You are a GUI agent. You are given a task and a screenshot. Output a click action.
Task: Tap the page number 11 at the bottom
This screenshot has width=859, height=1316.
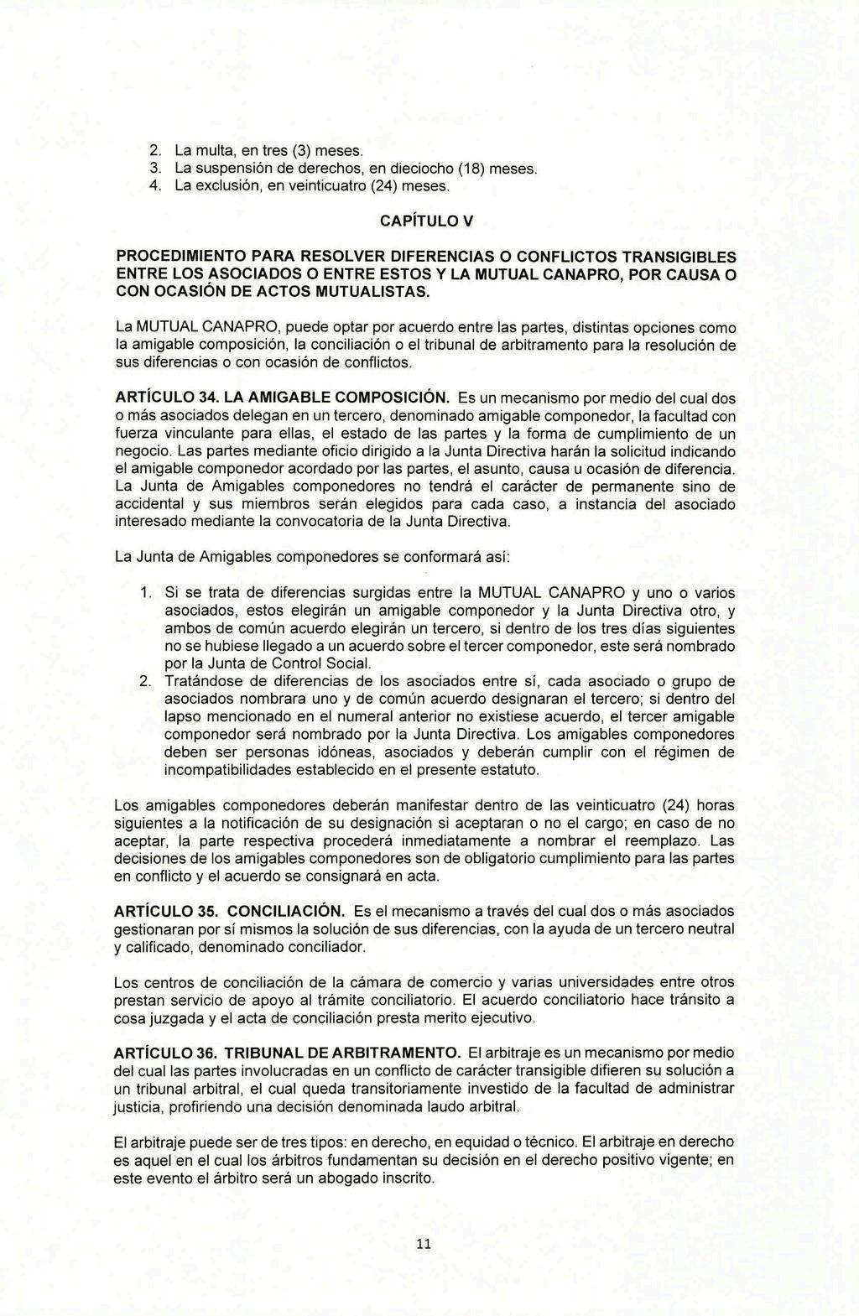pyautogui.click(x=423, y=1245)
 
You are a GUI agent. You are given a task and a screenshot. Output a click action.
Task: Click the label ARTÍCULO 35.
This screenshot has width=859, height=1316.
pyautogui.click(x=164, y=911)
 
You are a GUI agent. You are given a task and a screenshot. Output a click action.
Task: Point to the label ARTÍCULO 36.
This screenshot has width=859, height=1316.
pyautogui.click(x=164, y=1053)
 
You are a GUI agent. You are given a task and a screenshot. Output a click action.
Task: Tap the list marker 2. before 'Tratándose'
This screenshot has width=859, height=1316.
pyautogui.click(x=144, y=680)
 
